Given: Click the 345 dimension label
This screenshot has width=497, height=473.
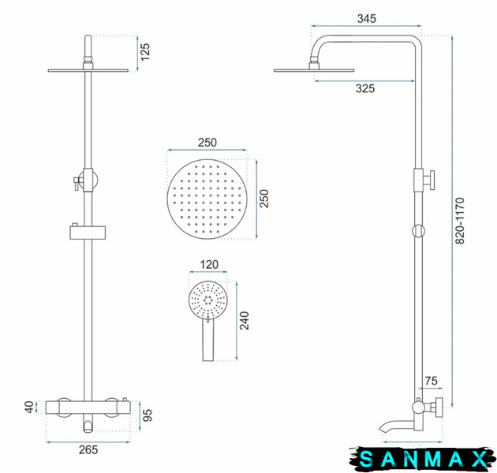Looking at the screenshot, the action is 367,19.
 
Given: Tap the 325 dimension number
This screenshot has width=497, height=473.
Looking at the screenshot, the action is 365,88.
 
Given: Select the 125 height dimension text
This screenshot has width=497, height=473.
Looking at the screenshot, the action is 145,52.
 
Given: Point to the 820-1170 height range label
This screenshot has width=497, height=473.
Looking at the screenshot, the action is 460,221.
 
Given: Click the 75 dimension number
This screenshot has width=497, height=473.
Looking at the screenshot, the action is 431,381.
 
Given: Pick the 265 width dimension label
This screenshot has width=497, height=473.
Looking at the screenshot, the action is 88,449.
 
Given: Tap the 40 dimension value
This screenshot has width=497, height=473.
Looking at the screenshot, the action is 29,407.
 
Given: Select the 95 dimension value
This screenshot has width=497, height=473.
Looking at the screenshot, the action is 148,415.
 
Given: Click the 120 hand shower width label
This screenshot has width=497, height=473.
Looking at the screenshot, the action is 209,265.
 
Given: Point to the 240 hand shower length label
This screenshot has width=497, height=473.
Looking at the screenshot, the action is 245,321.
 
